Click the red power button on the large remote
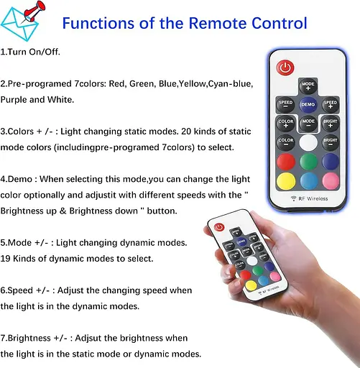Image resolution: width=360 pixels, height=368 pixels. [286, 68]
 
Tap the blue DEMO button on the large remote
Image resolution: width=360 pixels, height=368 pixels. [308, 105]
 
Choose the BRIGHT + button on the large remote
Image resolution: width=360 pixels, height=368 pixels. [329, 123]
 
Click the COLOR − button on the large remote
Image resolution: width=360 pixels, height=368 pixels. [286, 141]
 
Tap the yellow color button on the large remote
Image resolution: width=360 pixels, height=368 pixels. [286, 179]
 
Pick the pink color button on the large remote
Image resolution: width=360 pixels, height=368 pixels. [330, 179]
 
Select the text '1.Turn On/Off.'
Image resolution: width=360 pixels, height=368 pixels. [30, 52]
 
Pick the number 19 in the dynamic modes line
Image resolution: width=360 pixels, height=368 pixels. [7, 257]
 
